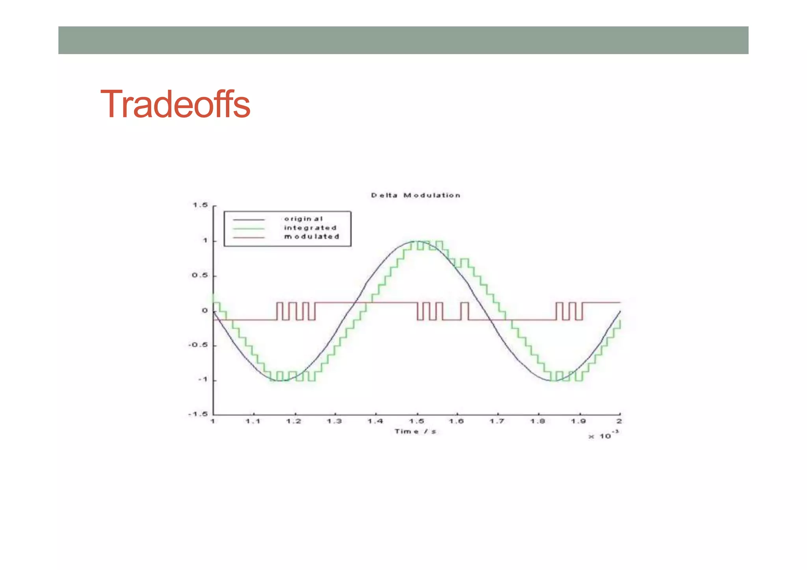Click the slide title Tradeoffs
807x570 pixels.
(175, 104)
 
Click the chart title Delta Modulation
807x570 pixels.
(416, 195)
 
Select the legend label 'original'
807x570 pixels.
(303, 219)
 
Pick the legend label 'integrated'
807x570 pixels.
(310, 228)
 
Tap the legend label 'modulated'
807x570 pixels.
(312, 237)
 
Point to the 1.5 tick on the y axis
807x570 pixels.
(200, 205)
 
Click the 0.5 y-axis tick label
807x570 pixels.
(200, 275)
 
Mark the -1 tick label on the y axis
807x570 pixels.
(203, 380)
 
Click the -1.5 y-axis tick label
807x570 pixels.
(198, 414)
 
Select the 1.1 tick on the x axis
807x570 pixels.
(253, 421)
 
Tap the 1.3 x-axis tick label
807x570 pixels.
(335, 421)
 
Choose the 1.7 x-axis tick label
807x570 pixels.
(497, 421)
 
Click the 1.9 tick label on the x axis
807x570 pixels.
(578, 421)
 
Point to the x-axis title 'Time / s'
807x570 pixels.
(416, 432)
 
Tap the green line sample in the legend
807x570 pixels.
(249, 228)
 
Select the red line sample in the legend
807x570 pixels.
(249, 238)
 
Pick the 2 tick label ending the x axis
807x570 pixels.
(619, 421)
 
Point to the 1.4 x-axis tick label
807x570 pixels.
(376, 421)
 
